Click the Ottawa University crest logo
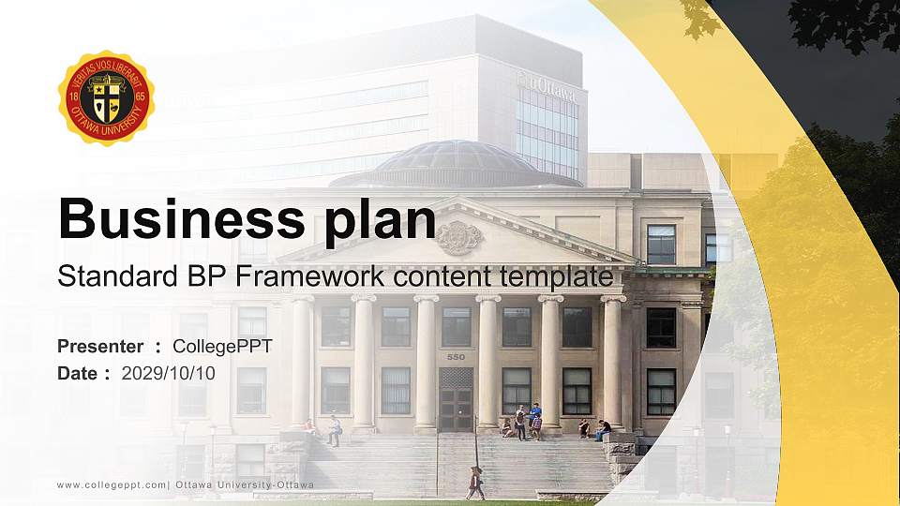106,97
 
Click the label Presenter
100,347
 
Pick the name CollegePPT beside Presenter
222,347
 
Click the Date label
79,373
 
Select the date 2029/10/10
169,373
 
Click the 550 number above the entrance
456,357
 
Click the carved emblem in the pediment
458,237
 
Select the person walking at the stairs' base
476,483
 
